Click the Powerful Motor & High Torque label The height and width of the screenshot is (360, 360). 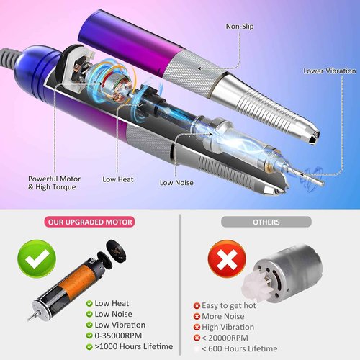point(53,183)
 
